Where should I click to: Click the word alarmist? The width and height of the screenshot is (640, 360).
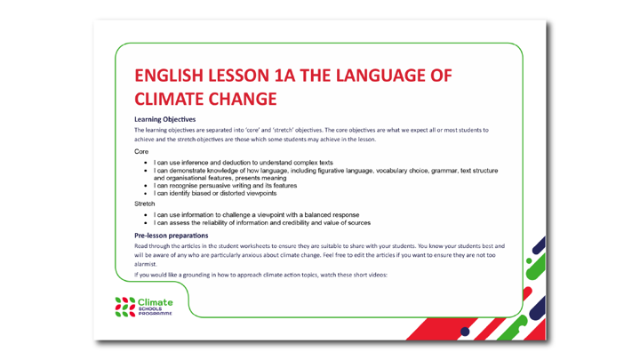(x=146, y=264)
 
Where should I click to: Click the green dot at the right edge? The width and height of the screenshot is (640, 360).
(x=532, y=261)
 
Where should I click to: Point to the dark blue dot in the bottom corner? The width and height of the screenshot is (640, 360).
(x=466, y=332)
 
